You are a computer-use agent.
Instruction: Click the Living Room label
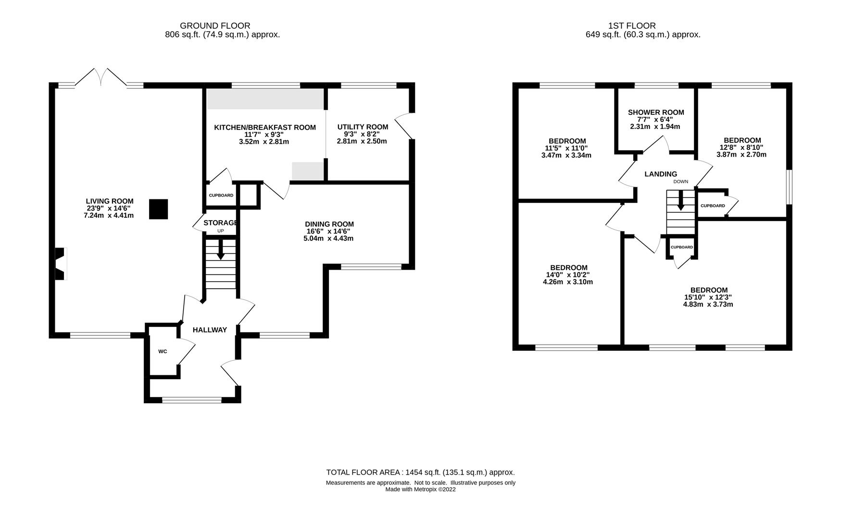pos(110,201)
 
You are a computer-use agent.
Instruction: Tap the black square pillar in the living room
pos(158,209)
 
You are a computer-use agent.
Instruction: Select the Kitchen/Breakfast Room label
pos(265,127)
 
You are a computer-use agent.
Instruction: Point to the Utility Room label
pos(363,127)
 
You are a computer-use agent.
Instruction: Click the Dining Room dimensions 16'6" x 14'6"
pos(329,231)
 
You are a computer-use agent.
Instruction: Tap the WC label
pos(163,351)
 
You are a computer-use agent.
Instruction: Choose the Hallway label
pos(210,330)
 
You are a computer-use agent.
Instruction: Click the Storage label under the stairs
pos(221,223)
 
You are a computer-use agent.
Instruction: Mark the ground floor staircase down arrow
pos(221,249)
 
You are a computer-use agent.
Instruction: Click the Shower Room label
pos(656,112)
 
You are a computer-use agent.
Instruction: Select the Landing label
pos(661,174)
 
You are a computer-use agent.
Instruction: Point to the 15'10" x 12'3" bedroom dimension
pos(708,297)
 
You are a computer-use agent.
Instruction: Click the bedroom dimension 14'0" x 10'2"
pos(568,275)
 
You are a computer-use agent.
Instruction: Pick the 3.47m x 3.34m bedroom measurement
pos(566,155)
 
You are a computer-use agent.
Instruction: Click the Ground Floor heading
pos(215,25)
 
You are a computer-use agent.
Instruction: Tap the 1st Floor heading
pos(632,25)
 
